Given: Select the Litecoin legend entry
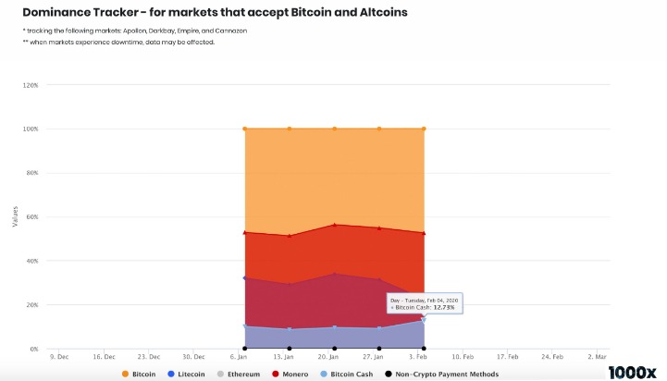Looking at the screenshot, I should pos(189,374).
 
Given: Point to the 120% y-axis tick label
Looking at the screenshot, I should pos(30,85).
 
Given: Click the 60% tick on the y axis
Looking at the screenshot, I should pos(31,217).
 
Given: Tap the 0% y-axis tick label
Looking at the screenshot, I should pos(33,350).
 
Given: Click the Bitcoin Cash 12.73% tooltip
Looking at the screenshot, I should pos(425,303).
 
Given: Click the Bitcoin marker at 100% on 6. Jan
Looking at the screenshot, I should pos(244,129).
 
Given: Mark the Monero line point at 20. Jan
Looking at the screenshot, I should pos(334,225).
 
